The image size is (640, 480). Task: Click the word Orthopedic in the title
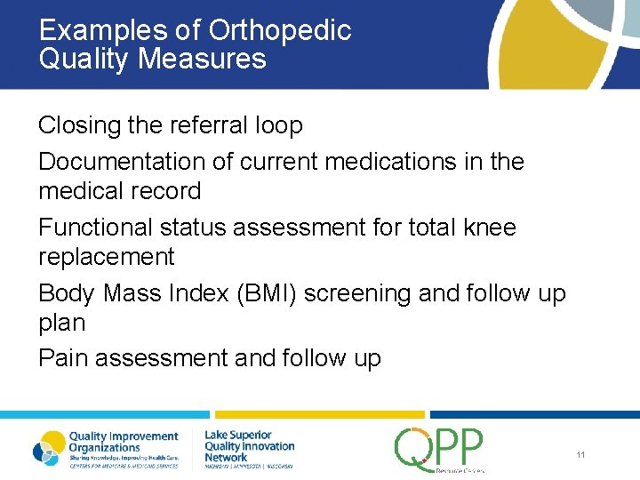[279, 31]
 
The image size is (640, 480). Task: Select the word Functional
[95, 228]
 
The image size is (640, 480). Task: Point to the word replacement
[106, 257]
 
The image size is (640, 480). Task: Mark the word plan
[61, 323]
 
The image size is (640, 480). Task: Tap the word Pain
[63, 358]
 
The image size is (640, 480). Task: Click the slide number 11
[580, 455]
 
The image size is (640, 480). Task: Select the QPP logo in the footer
[440, 449]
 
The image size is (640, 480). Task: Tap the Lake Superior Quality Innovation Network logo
[249, 448]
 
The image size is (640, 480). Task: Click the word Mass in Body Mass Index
[134, 293]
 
